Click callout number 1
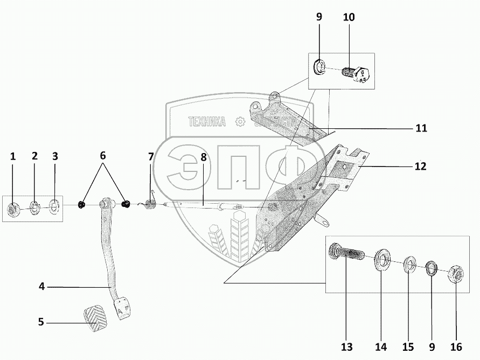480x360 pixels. point(13,157)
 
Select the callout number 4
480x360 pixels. point(41,287)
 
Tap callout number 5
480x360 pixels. point(41,322)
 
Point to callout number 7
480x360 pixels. point(151,157)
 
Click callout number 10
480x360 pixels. point(349,17)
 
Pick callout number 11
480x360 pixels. point(421,128)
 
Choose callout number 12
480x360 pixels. point(420,167)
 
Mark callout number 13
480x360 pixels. point(346,346)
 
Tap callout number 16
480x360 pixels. point(456,346)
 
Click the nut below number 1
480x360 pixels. point(13,209)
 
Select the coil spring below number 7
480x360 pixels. point(150,204)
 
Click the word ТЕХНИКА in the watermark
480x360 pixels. point(206,122)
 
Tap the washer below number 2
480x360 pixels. point(34,207)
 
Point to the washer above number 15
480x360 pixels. point(409,265)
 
